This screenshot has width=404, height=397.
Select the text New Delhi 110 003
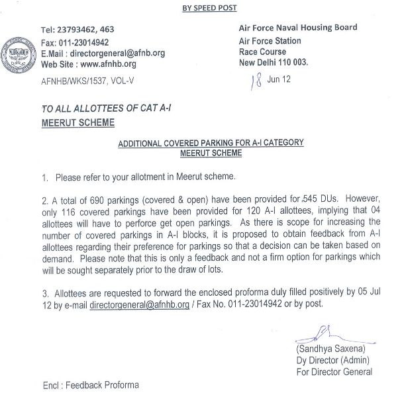pos(273,62)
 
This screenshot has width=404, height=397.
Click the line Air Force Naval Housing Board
pos(297,28)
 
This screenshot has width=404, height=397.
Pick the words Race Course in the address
pos(262,52)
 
